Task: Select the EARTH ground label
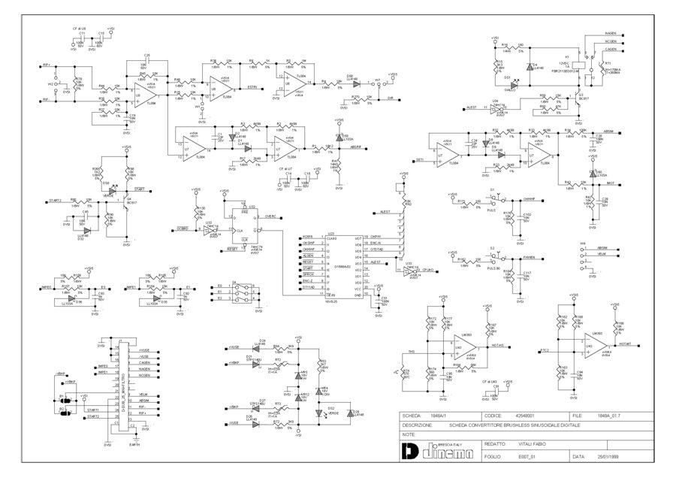[x=134, y=444]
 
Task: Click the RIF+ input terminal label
[x=47, y=65]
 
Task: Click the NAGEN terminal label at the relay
[x=610, y=34]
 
